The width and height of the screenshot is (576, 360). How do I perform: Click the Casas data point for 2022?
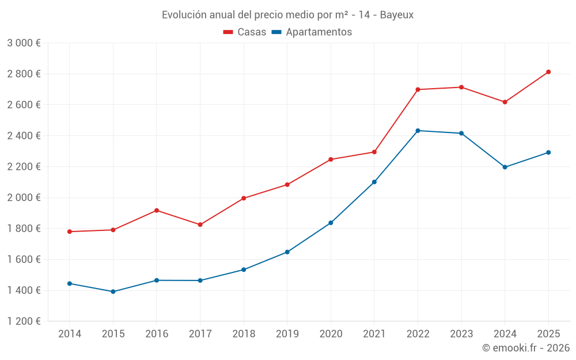pos(418,89)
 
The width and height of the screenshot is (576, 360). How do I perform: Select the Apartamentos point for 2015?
pos(113,291)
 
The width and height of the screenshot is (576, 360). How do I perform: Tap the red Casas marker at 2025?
pos(548,72)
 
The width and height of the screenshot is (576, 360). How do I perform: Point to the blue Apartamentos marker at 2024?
pos(505,167)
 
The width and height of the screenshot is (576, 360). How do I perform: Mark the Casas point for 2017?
pos(200,225)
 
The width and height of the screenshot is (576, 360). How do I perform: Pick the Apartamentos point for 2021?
pos(374,182)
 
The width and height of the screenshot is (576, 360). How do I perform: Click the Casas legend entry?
pos(245,32)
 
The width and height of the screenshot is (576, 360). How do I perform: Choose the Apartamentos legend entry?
pos(312,32)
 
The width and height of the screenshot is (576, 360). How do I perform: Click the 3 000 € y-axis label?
pos(24,43)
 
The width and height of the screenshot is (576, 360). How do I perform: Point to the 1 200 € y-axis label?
pos(24,321)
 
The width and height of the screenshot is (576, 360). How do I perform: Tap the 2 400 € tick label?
pos(24,136)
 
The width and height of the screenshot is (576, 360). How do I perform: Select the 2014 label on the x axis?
pos(69,334)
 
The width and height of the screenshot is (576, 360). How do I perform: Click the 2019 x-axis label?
pos(287,334)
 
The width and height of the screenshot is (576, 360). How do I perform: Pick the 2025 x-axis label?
pos(548,334)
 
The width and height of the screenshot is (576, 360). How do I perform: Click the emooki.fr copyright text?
pos(526,348)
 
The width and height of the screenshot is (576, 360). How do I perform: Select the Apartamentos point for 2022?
pos(418,131)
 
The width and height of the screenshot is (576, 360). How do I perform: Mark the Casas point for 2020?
pos(331,159)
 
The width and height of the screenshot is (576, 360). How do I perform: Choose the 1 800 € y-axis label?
pos(24,229)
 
